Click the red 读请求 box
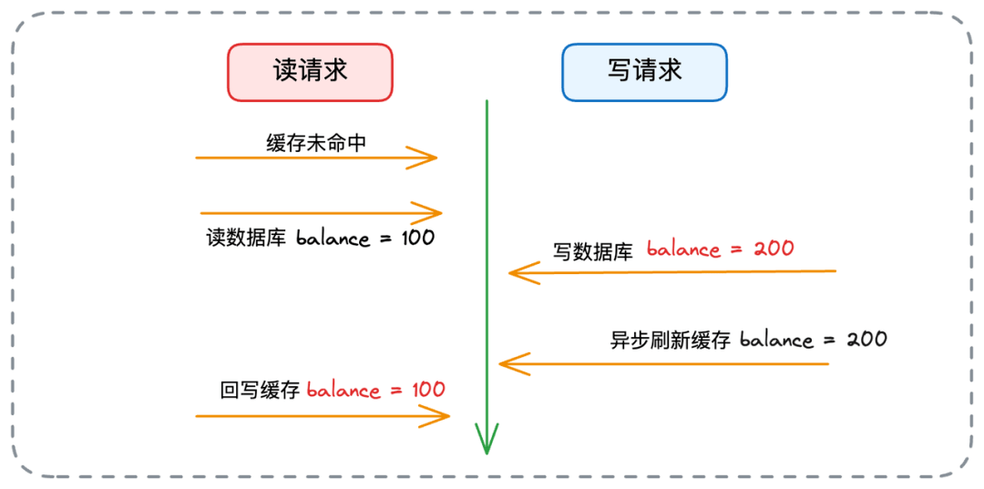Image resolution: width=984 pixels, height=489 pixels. click(310, 72)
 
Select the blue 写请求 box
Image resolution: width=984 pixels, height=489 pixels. click(644, 72)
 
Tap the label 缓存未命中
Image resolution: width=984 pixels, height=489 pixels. click(317, 142)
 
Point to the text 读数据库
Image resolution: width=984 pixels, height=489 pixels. click(246, 239)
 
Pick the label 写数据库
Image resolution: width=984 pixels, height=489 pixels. click(592, 250)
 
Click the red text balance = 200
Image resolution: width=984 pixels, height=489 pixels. click(720, 249)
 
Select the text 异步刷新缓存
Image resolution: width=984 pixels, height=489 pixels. click(671, 341)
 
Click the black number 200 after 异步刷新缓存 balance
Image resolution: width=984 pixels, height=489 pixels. click(866, 340)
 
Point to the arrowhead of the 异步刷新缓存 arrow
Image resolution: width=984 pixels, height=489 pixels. click(507, 364)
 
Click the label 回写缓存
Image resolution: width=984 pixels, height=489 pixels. click(260, 391)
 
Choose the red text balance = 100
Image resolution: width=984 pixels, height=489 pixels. click(375, 390)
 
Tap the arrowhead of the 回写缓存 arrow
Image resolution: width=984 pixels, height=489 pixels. click(444, 417)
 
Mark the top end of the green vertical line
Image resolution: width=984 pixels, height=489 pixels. click(487, 102)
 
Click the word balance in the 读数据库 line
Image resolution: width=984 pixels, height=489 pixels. click(333, 239)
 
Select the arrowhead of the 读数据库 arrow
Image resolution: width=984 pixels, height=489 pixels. click(435, 214)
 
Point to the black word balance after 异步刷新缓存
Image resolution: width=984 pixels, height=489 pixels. click(776, 341)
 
